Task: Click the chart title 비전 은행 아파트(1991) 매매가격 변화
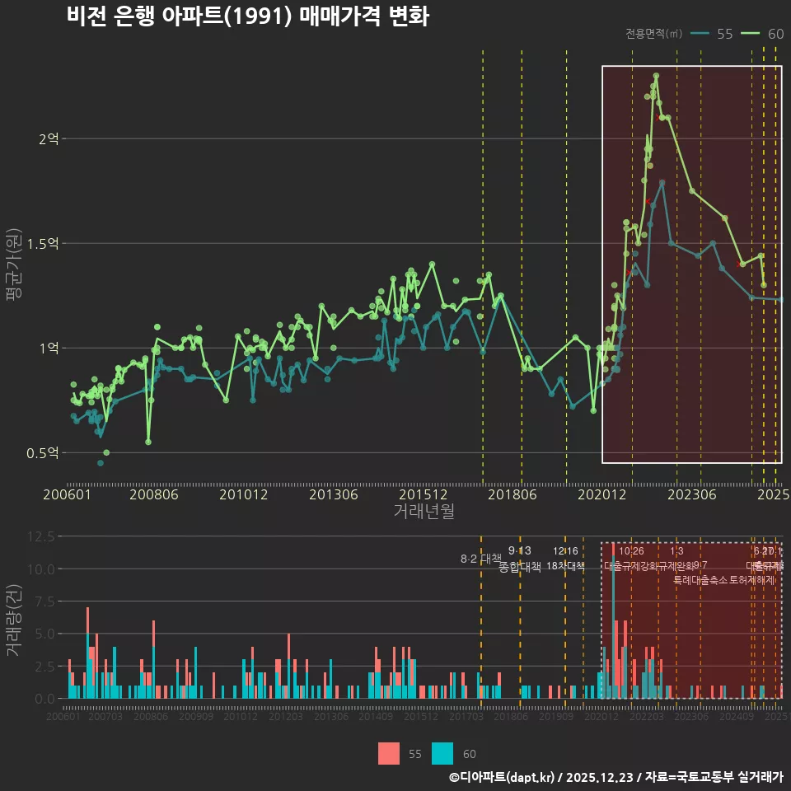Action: point(247,17)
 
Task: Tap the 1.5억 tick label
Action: point(43,244)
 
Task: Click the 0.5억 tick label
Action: point(43,453)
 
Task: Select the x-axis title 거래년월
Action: point(424,512)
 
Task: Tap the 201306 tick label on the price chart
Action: point(333,494)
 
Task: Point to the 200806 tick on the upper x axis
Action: point(154,494)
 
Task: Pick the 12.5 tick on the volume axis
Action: point(40,536)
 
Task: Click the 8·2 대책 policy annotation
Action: point(480,559)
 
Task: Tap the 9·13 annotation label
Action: point(519,550)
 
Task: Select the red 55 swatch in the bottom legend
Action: point(389,753)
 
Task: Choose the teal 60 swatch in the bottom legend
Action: point(442,753)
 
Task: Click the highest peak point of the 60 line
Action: point(656,76)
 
